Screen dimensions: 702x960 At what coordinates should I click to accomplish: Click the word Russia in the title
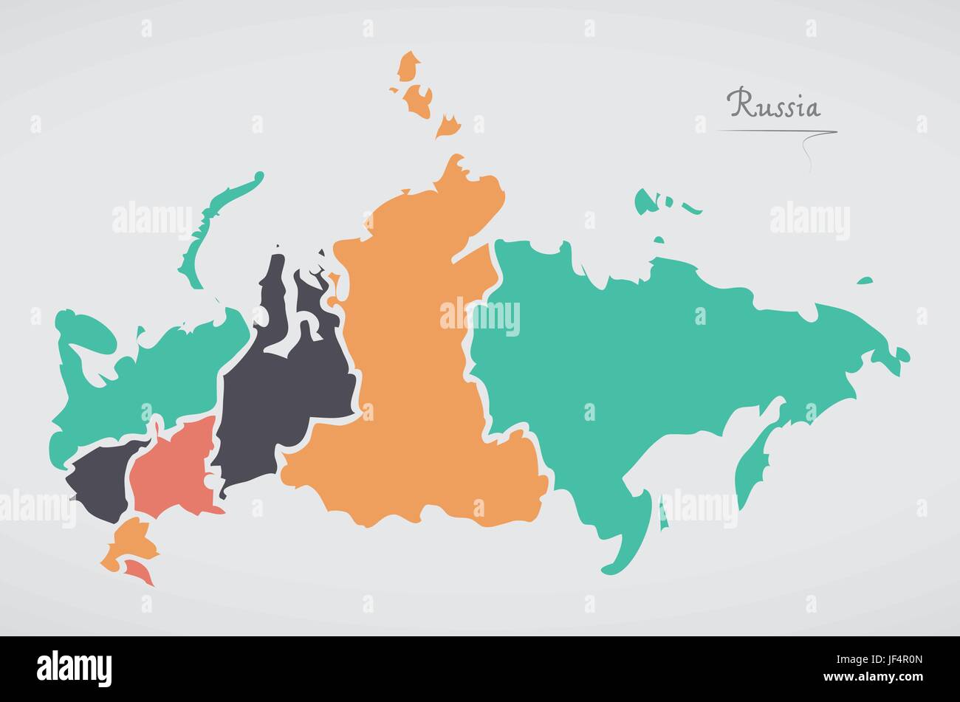click(x=773, y=105)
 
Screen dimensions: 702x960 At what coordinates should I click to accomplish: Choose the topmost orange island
click(x=408, y=66)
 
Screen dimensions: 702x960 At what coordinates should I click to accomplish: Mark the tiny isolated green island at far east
click(x=864, y=281)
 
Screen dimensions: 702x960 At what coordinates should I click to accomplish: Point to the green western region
click(x=133, y=384)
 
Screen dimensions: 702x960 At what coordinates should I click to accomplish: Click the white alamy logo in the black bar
click(x=74, y=668)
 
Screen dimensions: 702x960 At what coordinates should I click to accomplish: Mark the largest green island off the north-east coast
click(x=646, y=200)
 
